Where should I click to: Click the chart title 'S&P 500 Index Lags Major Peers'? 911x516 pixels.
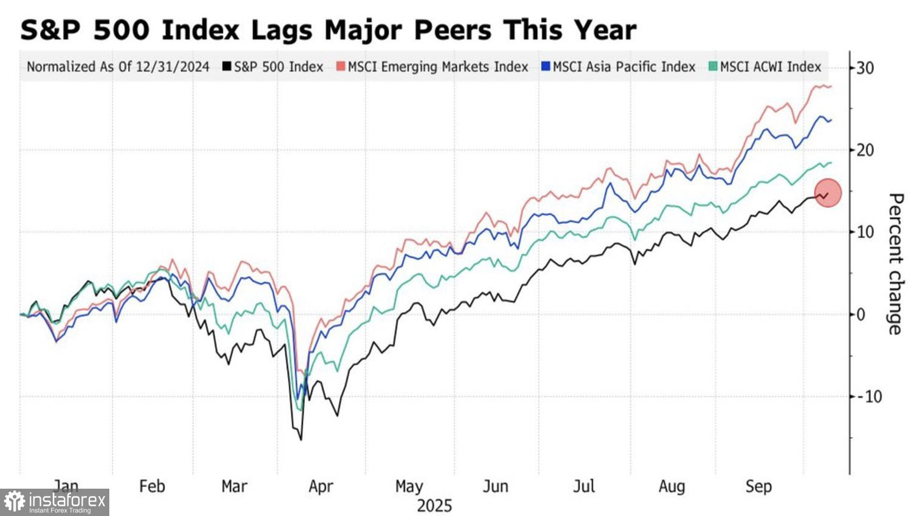(328, 29)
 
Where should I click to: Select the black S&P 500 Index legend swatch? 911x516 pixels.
(227, 67)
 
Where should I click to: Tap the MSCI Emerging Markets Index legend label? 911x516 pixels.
(438, 67)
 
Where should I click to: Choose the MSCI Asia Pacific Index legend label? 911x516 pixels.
(624, 67)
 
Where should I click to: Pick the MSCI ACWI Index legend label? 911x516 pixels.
(770, 67)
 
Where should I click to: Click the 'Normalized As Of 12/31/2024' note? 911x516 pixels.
(118, 67)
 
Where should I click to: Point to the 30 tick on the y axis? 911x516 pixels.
(865, 67)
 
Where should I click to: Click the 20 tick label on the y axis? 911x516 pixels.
(865, 150)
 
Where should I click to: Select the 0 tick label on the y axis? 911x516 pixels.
(861, 314)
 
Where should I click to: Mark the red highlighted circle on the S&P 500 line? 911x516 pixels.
(828, 193)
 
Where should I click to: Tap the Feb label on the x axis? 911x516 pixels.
(152, 486)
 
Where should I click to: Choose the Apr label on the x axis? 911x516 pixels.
(321, 486)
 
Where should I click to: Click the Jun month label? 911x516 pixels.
(496, 486)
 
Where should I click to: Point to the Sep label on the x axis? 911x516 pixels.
(759, 486)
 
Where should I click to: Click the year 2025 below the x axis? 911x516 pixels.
(434, 506)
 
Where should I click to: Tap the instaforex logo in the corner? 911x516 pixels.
(55, 502)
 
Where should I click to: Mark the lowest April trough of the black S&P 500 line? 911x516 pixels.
(301, 439)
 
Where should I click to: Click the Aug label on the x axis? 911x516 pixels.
(672, 486)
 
